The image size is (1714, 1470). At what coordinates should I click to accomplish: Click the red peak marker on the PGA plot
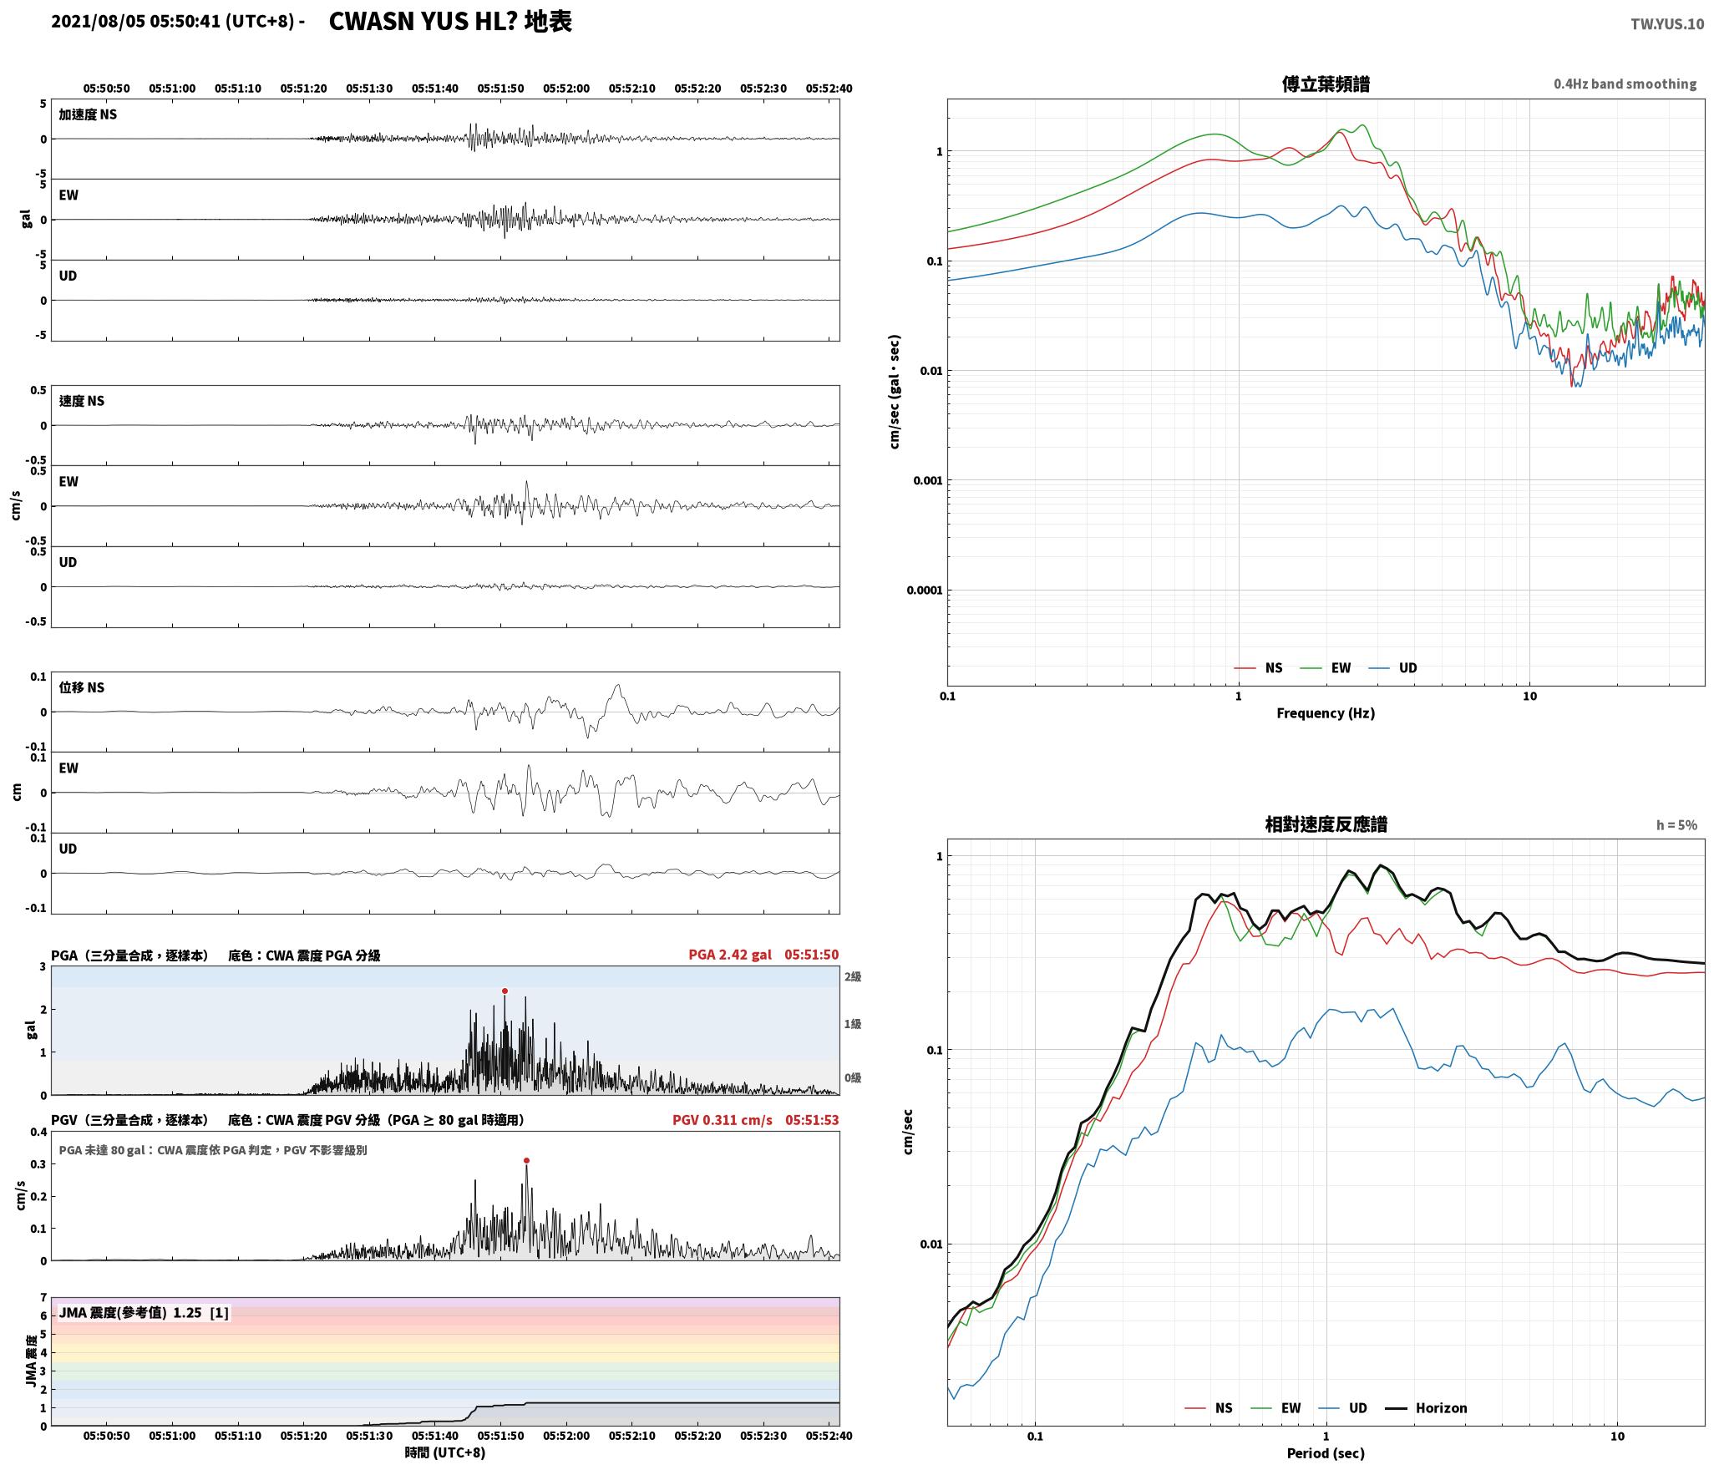[505, 991]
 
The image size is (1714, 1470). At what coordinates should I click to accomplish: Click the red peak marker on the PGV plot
[526, 1160]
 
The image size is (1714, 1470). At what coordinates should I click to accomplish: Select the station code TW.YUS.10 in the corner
[1667, 24]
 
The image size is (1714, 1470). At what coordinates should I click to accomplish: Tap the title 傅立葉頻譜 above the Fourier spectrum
[1326, 84]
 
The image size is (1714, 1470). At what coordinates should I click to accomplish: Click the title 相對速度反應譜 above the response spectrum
[1326, 824]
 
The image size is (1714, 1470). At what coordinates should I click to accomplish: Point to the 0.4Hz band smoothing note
[1625, 84]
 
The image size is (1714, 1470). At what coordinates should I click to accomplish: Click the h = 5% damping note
[1676, 825]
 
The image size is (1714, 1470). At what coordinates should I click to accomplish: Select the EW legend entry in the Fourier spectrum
[1326, 667]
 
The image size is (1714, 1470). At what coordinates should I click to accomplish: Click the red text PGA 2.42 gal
[730, 955]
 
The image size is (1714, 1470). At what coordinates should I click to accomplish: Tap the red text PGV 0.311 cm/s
[723, 1120]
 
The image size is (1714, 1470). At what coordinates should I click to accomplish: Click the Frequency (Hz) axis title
[1325, 712]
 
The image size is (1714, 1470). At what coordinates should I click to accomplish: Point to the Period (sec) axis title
[1326, 1452]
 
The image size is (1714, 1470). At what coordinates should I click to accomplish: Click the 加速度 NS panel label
[88, 114]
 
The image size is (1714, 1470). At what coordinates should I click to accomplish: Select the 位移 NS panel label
[81, 687]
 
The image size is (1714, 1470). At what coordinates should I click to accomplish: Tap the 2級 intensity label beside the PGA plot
[852, 976]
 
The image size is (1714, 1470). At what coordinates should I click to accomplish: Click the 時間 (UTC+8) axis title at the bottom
[445, 1452]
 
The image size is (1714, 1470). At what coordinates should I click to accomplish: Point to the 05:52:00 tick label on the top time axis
[566, 89]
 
